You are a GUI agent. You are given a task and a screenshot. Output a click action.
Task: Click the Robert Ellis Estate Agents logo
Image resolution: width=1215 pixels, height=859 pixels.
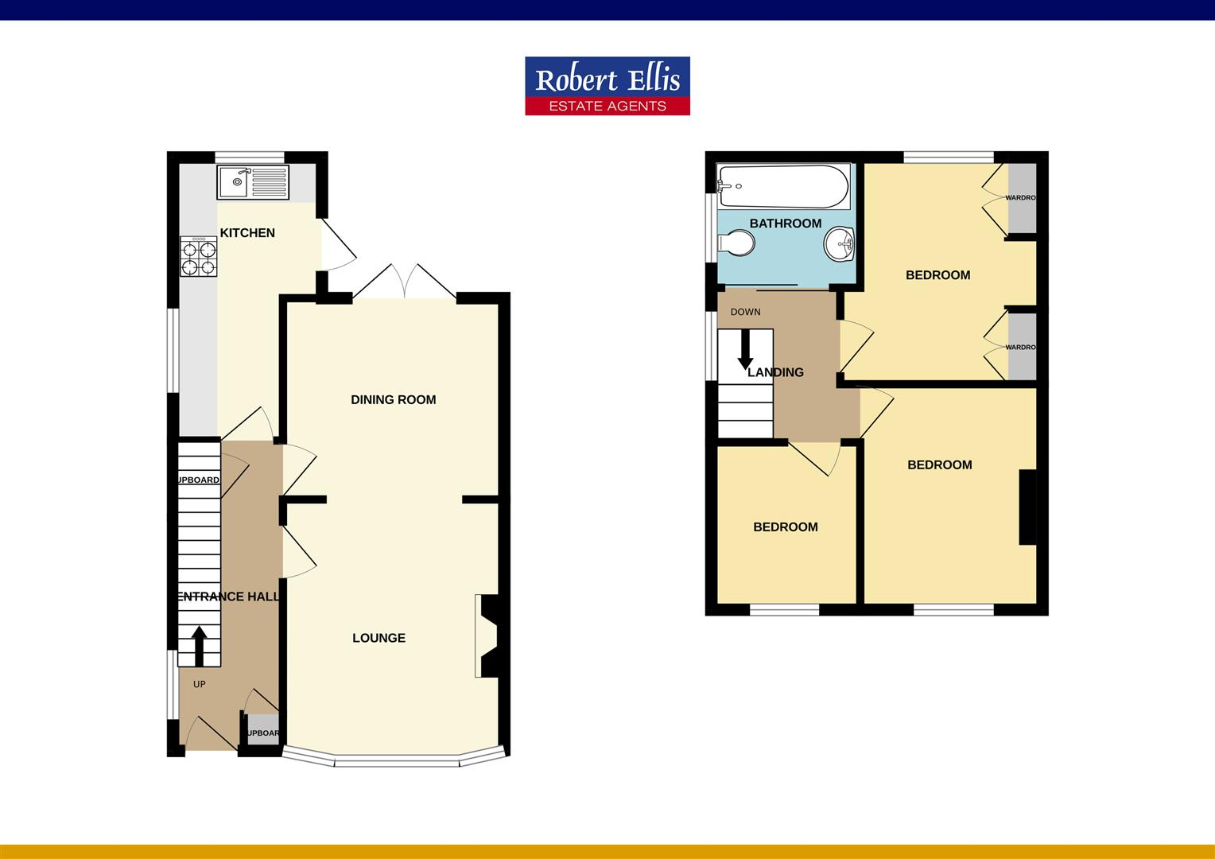(607, 86)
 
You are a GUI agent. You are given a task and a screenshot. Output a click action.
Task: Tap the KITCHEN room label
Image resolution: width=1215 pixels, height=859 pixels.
(247, 233)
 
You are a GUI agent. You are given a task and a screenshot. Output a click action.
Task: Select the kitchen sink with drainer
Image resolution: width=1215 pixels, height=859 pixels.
(253, 183)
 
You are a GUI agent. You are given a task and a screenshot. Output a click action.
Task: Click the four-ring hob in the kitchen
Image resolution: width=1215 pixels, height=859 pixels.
(199, 256)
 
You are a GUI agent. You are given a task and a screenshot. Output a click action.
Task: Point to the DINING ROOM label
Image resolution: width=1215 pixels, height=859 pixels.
(394, 400)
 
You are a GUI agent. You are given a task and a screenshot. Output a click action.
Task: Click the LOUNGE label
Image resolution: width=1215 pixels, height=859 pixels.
(378, 638)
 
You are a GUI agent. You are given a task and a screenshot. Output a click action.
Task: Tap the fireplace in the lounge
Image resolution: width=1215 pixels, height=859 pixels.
(486, 636)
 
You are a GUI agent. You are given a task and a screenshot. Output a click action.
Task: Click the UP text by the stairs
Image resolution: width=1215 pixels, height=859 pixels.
(199, 684)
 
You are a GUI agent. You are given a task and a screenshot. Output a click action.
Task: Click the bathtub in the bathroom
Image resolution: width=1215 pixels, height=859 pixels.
(783, 186)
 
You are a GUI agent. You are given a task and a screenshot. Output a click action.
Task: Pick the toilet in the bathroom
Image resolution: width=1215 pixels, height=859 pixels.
(736, 243)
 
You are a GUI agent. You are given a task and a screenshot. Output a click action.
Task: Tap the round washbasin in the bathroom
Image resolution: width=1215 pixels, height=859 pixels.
(839, 243)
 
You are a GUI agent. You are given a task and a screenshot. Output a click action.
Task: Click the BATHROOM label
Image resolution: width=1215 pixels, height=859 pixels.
(785, 223)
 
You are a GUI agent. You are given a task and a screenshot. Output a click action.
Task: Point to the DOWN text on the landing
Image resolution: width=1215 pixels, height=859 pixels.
(745, 312)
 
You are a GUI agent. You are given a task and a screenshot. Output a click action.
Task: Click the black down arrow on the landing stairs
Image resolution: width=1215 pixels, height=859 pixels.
(745, 350)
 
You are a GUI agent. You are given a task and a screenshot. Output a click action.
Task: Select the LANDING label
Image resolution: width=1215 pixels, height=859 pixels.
(776, 372)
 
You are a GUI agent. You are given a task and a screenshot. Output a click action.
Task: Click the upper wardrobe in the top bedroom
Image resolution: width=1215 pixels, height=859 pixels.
(1022, 198)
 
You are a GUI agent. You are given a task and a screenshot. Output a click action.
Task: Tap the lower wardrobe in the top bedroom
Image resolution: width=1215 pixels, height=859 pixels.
(1022, 347)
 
